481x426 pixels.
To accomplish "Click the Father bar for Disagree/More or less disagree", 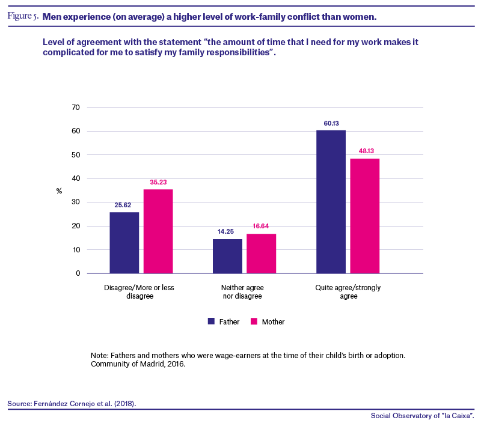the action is (124, 243).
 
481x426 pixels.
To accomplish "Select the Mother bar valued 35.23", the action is (158, 231).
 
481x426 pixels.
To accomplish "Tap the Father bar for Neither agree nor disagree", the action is (227, 256).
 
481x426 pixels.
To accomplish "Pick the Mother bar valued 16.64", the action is (262, 254).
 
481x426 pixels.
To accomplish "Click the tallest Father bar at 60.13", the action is (331, 202).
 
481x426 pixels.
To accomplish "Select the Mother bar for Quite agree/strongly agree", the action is (365, 216).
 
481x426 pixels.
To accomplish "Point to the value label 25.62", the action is (123, 205).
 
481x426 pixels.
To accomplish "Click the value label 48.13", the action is (366, 151).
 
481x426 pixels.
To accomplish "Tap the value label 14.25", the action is (226, 232).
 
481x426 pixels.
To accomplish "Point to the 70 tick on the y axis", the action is (76, 108).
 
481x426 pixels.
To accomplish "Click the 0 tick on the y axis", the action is (78, 273).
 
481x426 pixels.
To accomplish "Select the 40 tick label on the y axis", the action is (76, 178).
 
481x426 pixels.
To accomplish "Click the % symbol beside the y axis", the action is (59, 191).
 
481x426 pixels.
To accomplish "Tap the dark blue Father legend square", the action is (211, 321).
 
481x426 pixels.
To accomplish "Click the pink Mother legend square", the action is (254, 321).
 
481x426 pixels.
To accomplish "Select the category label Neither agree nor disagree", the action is (242, 292).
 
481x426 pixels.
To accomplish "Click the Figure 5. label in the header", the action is (23, 16).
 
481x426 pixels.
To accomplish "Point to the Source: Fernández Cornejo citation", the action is (72, 404).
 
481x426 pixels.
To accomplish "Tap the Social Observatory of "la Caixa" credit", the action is (423, 416).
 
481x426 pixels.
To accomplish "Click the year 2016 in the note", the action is (176, 364).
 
